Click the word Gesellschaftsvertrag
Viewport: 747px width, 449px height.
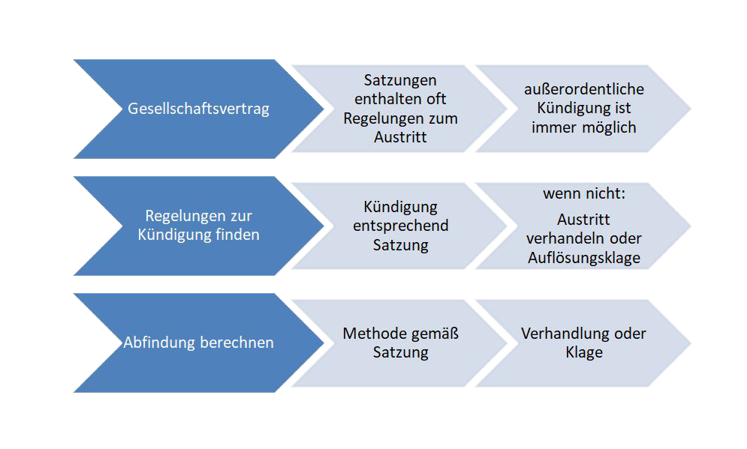198,109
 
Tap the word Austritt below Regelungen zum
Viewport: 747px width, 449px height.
400,137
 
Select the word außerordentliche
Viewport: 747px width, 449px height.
583,89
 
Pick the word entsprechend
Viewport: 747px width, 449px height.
401,226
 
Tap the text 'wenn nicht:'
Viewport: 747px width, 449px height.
584,193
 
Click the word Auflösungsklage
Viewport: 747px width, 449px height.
584,258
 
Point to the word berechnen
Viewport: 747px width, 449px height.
236,343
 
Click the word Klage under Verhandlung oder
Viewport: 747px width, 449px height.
584,352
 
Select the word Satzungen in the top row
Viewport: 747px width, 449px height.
400,80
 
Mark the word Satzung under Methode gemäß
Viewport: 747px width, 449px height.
401,352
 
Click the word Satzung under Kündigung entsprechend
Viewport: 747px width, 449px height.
401,245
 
